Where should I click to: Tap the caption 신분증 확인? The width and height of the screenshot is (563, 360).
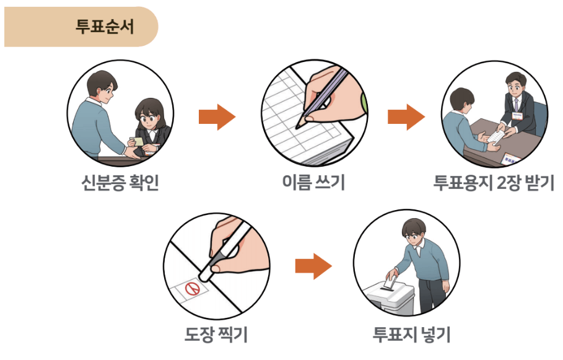point(120,183)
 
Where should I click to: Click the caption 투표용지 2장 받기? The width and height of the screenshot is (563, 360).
point(494,183)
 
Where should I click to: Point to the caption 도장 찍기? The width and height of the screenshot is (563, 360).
point(216,335)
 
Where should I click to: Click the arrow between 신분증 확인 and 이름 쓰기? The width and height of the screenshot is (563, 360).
point(217,117)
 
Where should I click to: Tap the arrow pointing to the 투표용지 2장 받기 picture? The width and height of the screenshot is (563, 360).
point(406,117)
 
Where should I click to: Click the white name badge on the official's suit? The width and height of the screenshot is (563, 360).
point(517,114)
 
